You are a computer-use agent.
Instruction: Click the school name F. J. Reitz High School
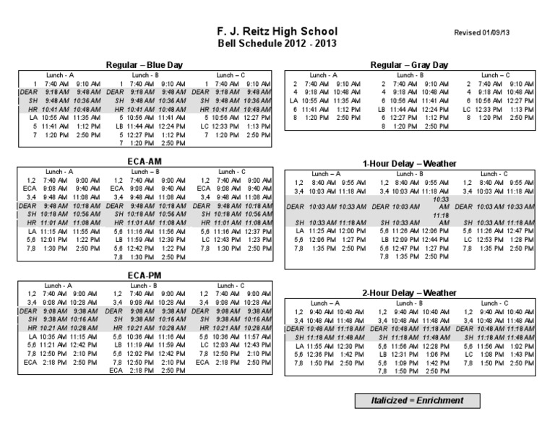pyautogui.click(x=277, y=32)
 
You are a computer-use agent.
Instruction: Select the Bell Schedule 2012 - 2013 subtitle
pyautogui.click(x=277, y=43)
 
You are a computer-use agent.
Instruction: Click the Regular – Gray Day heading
pyautogui.click(x=409, y=64)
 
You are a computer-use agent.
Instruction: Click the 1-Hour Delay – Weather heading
pyautogui.click(x=409, y=164)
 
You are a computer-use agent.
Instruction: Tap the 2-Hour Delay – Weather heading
pyautogui.click(x=409, y=292)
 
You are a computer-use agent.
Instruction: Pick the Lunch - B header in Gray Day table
pyautogui.click(x=410, y=75)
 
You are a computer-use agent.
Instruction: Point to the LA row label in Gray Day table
pyautogui.click(x=293, y=102)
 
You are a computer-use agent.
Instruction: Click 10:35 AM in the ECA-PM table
pyautogui.click(x=53, y=337)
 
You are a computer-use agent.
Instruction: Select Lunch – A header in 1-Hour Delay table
pyautogui.click(x=324, y=174)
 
